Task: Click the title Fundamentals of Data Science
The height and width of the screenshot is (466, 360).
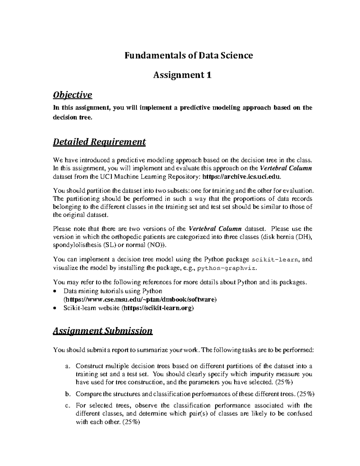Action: [189, 56]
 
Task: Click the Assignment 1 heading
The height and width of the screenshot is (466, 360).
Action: [182, 75]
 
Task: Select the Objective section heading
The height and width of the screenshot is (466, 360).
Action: [72, 95]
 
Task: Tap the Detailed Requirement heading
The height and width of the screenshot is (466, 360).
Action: [99, 142]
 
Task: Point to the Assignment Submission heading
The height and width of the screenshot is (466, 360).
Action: [103, 331]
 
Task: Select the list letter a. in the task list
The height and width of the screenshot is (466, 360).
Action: [68, 366]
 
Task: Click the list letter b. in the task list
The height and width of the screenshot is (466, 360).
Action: [68, 394]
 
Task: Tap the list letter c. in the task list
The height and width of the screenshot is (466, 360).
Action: [68, 406]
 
